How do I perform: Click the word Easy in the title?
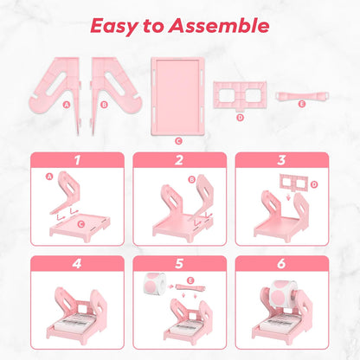click(x=120, y=25)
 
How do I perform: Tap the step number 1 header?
click(x=77, y=160)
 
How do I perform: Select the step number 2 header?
click(x=179, y=160)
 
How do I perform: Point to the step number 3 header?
click(x=282, y=160)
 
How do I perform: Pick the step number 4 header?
click(x=77, y=262)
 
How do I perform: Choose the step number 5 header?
click(x=179, y=262)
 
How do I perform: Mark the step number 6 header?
click(x=282, y=262)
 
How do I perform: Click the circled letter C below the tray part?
click(x=177, y=139)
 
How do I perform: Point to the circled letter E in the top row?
click(x=301, y=105)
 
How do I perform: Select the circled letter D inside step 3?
click(x=313, y=183)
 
